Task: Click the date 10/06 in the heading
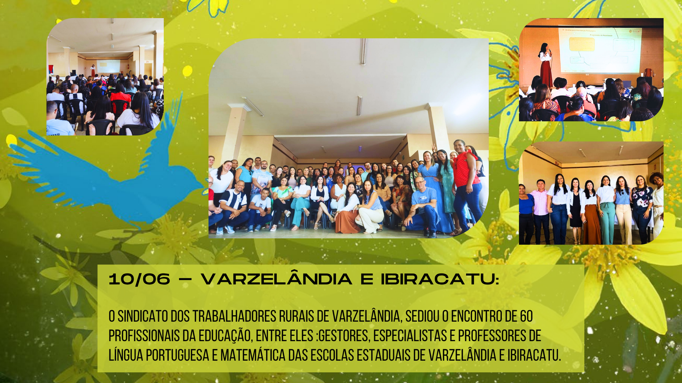pos(139,279)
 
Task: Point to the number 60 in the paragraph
pos(526,316)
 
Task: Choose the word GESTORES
pos(343,336)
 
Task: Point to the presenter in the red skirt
pos(546,65)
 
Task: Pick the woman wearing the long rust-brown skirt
pos(591,213)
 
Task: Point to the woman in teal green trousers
pos(607,211)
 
